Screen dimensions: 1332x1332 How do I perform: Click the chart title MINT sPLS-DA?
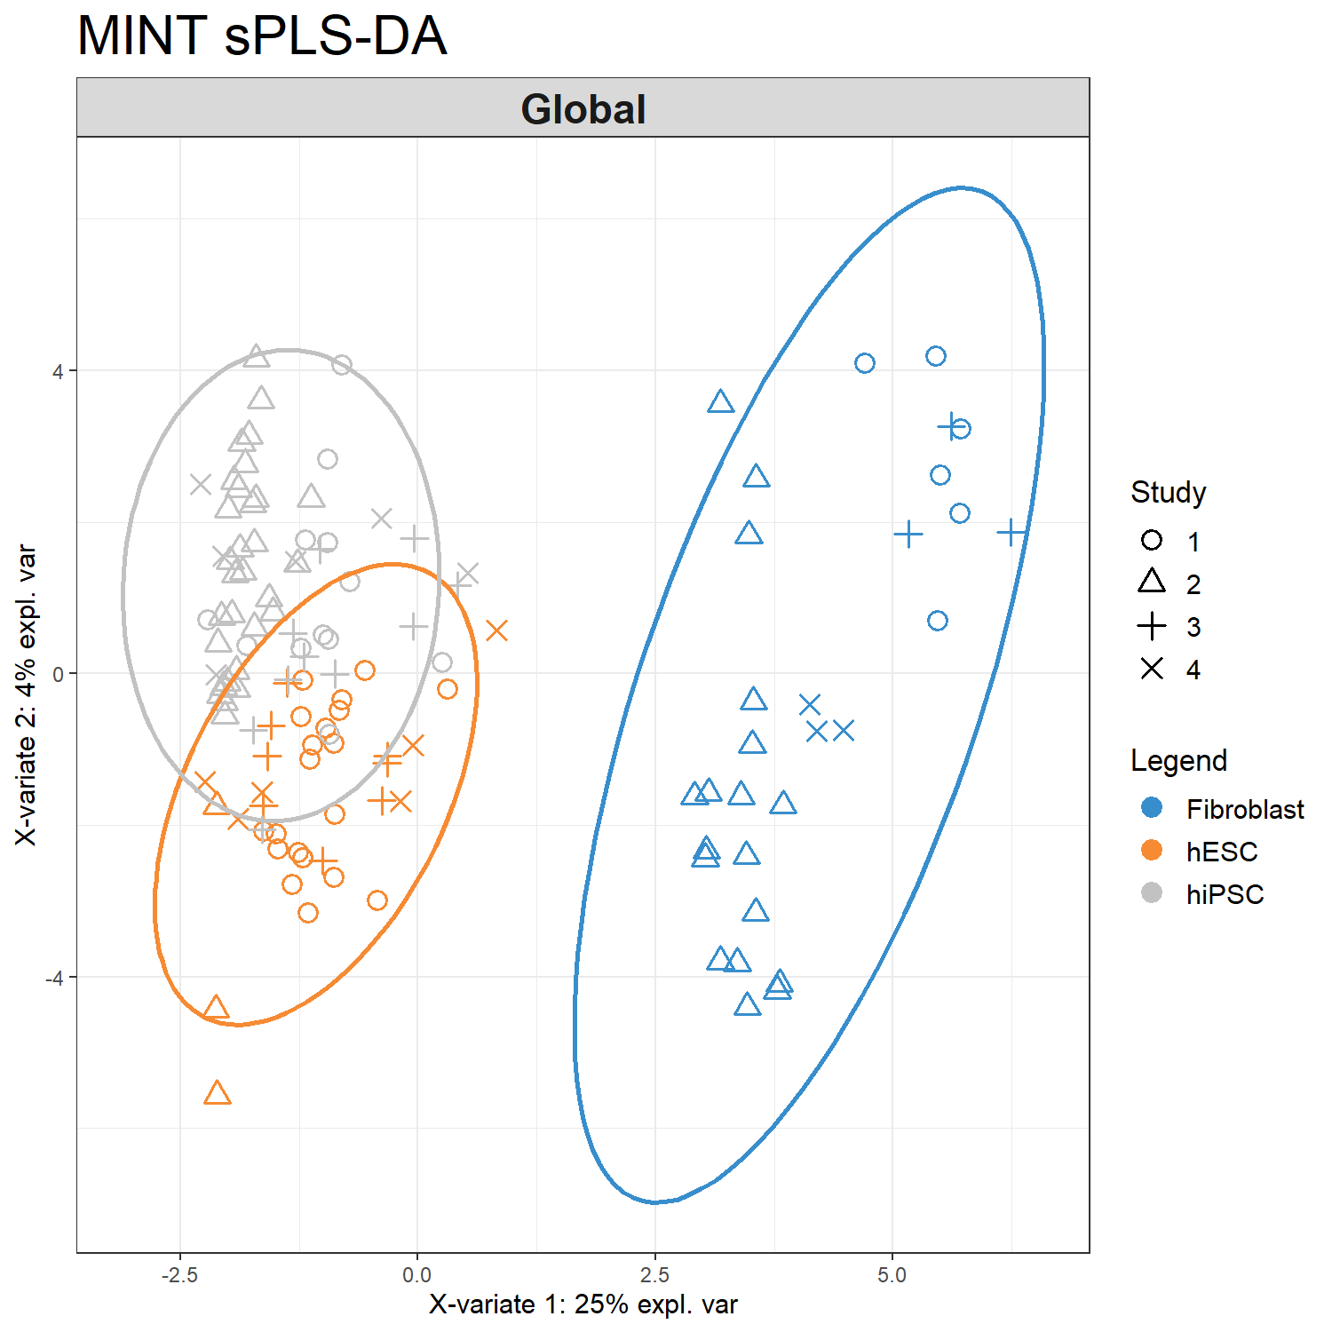(262, 37)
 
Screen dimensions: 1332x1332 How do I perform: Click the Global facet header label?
(583, 109)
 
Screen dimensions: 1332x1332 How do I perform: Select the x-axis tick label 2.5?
(654, 1275)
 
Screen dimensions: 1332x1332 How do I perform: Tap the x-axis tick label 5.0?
(892, 1275)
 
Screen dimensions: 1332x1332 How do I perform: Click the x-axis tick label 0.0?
(416, 1275)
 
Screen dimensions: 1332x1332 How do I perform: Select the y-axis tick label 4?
(59, 371)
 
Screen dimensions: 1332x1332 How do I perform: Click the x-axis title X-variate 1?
(583, 1304)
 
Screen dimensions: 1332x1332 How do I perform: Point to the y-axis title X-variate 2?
(27, 694)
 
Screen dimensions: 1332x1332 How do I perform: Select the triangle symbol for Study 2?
(1152, 583)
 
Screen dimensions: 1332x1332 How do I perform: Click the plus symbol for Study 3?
(1152, 626)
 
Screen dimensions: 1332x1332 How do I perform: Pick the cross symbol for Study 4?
(1152, 669)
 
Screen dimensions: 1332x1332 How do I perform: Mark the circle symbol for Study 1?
(1152, 540)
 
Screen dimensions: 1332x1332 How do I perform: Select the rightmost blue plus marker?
(1011, 533)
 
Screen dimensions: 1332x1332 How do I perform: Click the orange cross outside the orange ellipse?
(496, 630)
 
